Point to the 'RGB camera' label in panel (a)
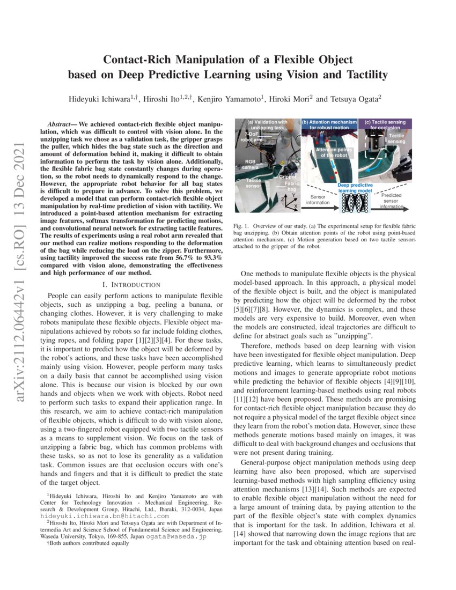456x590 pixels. [x=251, y=164]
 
